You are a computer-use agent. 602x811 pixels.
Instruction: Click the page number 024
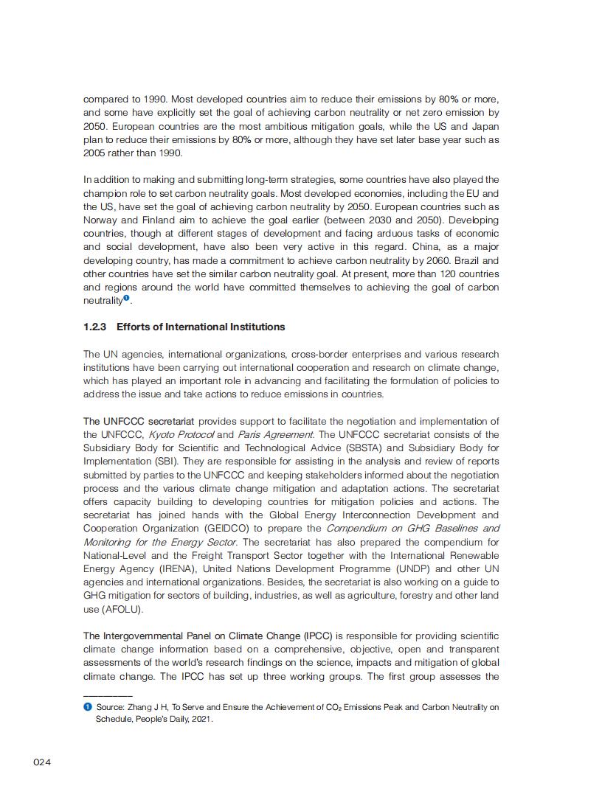pyautogui.click(x=42, y=762)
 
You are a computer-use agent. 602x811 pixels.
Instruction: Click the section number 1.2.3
pyautogui.click(x=95, y=327)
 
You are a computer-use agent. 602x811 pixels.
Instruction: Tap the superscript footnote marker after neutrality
pyautogui.click(x=126, y=299)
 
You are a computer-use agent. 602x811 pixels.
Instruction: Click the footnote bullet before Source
pyautogui.click(x=87, y=707)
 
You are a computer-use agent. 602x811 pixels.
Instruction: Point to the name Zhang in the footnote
pyautogui.click(x=139, y=707)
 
